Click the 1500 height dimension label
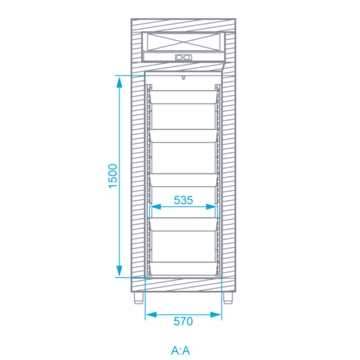pos(113,176)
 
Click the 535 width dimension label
pos(184,200)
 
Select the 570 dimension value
pos(183,321)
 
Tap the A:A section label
pos(181,351)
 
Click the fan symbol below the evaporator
pos(184,58)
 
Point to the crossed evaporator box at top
pos(184,42)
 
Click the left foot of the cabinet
pos(139,298)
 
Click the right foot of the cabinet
pos(228,298)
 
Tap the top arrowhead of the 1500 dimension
pos(120,82)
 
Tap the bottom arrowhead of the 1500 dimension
pos(120,271)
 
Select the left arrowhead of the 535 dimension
pos(156,207)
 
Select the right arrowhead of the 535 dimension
pos(212,207)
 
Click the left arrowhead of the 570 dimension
pos(151,315)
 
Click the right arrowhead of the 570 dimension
pos(215,315)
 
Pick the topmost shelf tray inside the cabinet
pos(184,97)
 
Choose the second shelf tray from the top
pos(184,136)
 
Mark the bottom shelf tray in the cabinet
pos(184,269)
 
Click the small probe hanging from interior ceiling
pos(184,78)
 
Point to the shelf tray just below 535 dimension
pos(184,225)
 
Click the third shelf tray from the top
pos(184,180)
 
